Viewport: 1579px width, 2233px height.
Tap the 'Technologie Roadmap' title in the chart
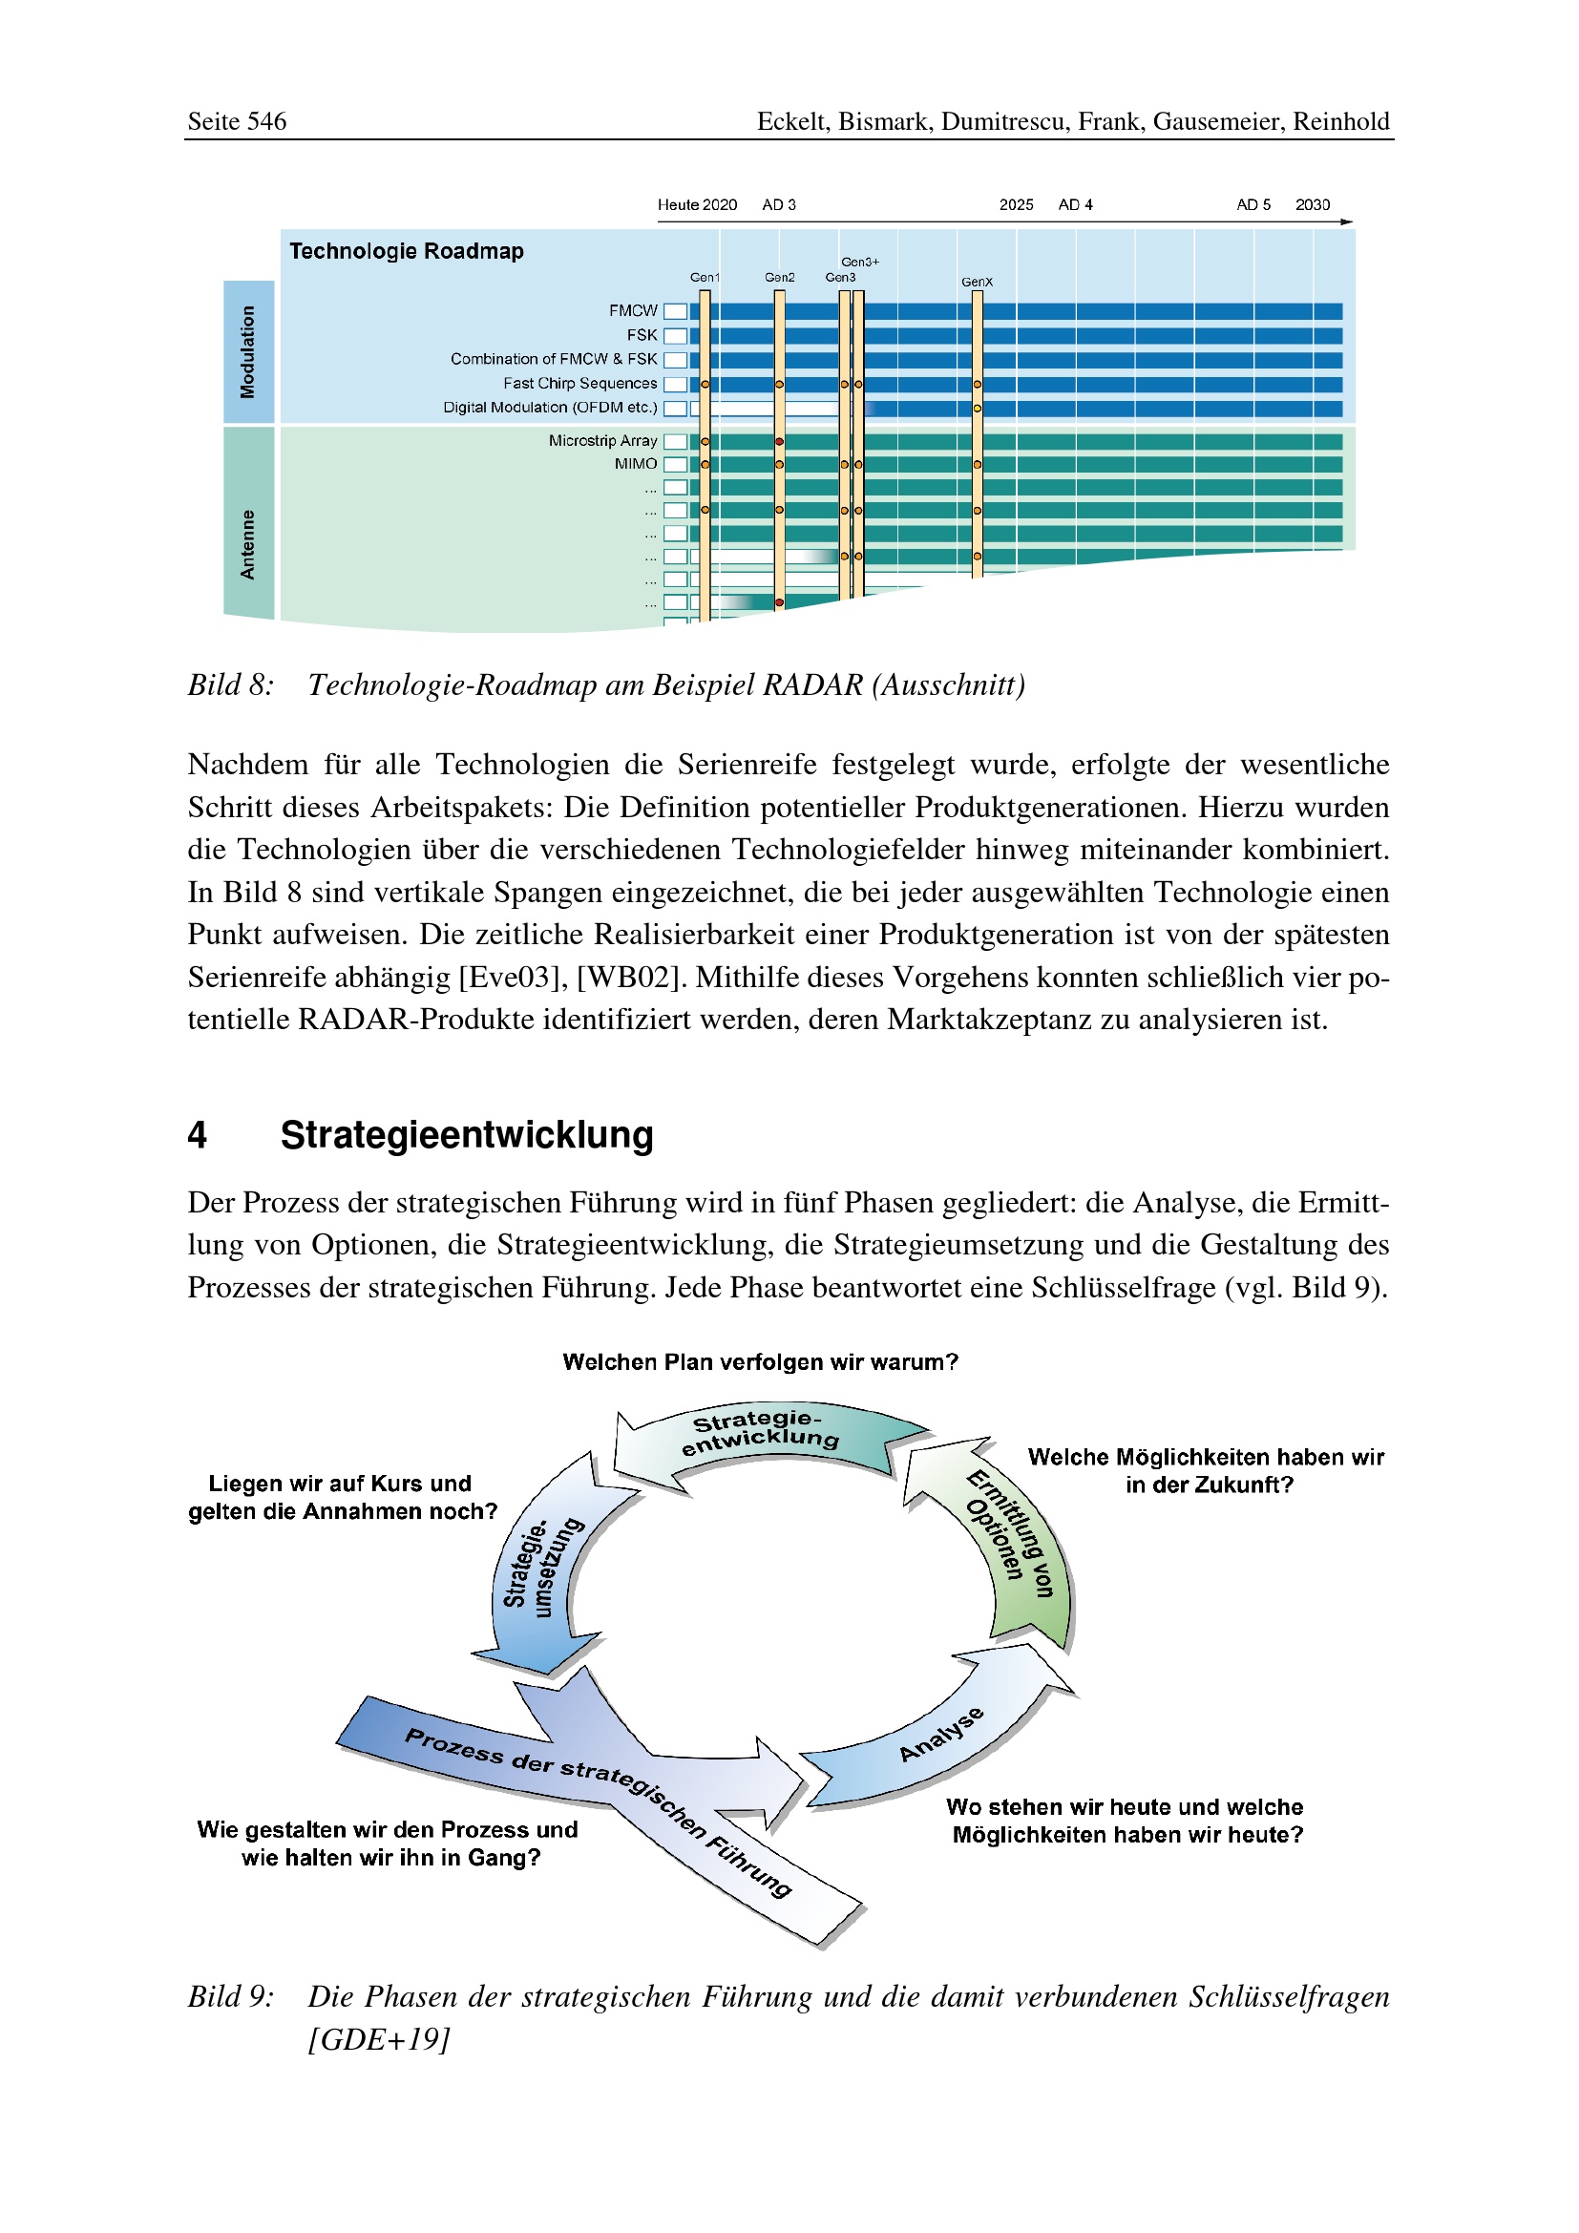coord(407,251)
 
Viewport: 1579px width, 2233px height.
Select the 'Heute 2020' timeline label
coord(696,204)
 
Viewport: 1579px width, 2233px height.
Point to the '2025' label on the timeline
coord(1016,204)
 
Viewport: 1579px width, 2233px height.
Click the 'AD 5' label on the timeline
coord(1253,204)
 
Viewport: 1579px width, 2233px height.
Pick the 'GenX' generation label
coord(977,282)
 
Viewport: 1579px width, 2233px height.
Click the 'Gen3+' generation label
coord(859,262)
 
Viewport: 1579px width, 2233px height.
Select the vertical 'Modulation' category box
coord(249,351)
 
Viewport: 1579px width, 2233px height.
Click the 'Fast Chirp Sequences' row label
coord(579,383)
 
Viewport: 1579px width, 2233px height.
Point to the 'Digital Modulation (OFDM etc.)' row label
coord(550,408)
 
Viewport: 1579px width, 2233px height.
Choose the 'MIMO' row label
coord(635,464)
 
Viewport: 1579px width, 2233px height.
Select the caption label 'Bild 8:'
coord(230,685)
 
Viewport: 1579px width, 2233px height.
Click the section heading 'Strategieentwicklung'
coord(467,1135)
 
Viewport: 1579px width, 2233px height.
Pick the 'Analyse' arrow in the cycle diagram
coord(940,1734)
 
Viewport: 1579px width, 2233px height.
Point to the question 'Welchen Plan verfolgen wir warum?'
coord(760,1361)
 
